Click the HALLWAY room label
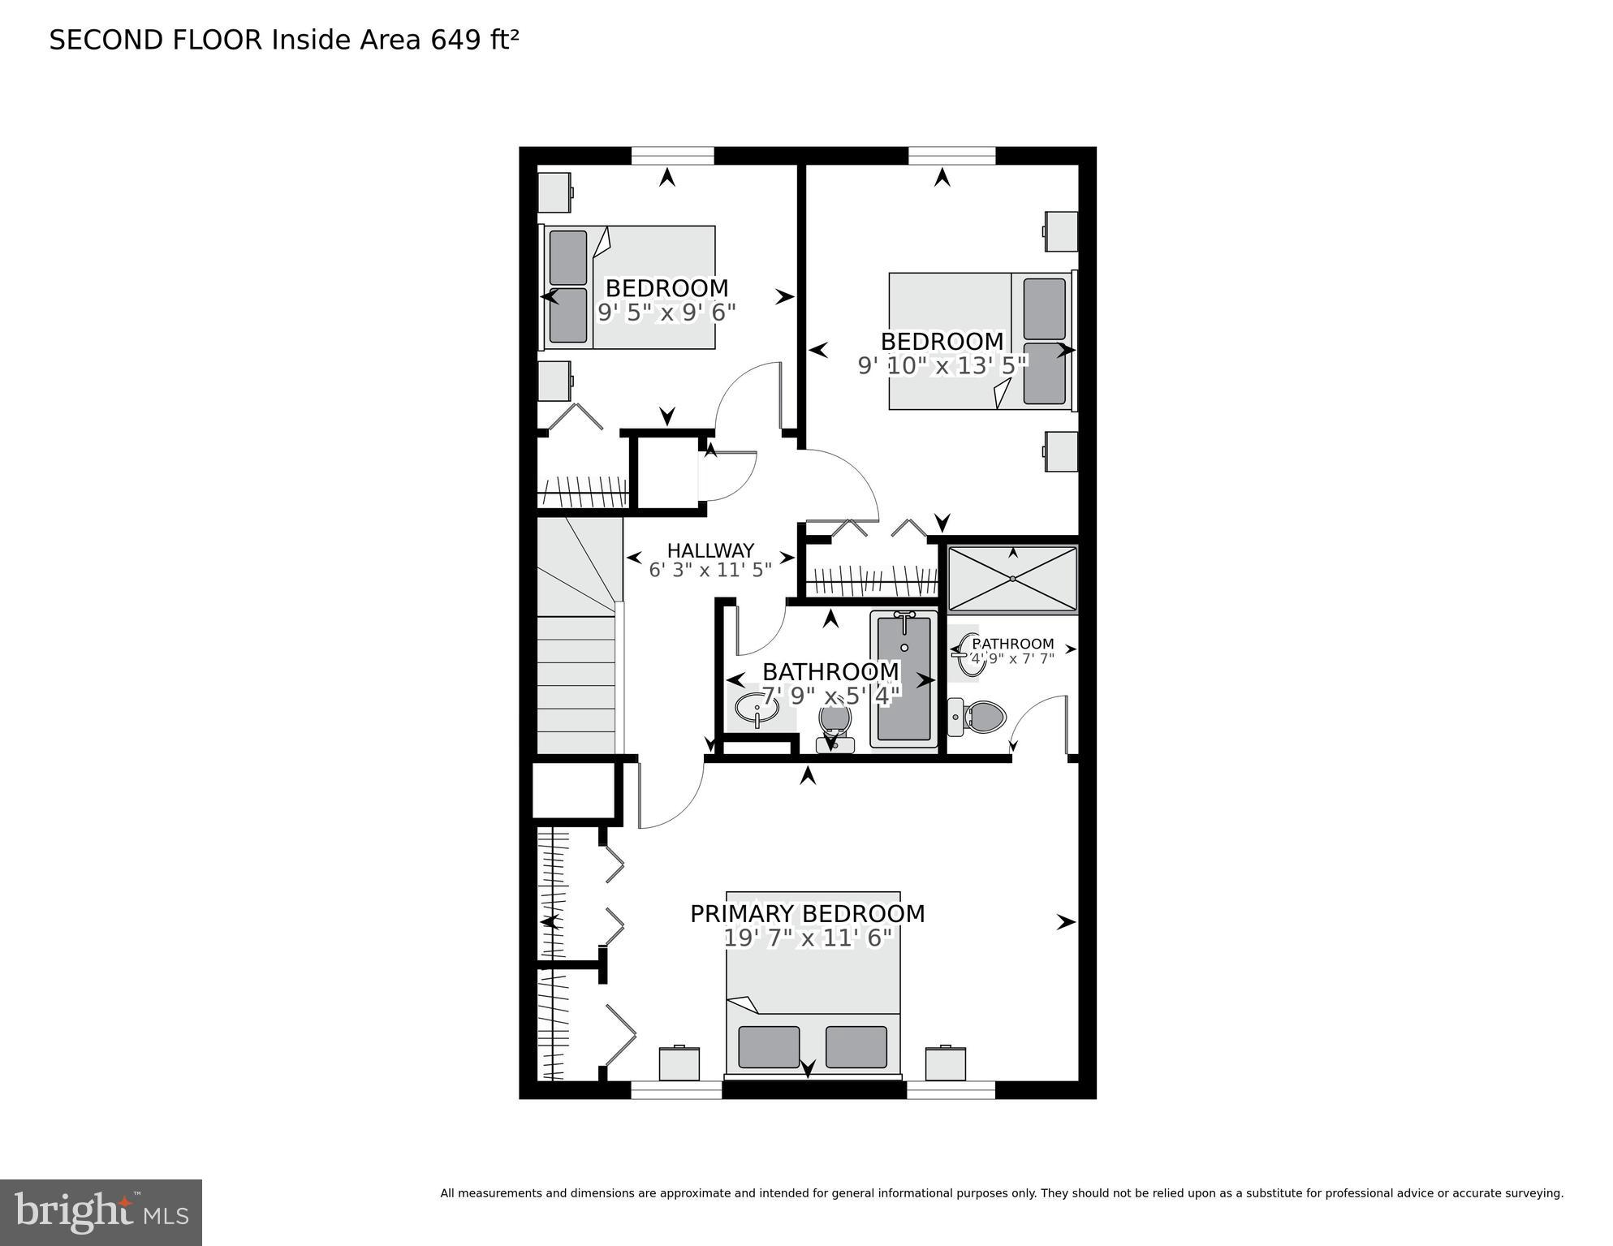tap(710, 550)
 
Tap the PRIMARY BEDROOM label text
tap(807, 914)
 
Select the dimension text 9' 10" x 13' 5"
tap(942, 366)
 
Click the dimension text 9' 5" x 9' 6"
tap(666, 313)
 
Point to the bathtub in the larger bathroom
tap(904, 680)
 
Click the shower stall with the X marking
tap(1012, 579)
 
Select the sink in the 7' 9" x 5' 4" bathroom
tap(757, 709)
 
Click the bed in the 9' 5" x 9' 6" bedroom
tap(629, 287)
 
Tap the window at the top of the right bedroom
tap(951, 155)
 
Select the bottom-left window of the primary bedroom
tap(675, 1089)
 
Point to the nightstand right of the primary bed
tap(946, 1063)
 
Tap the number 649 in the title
tap(455, 40)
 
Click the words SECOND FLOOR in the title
tap(156, 40)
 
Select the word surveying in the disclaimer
tap(1531, 1193)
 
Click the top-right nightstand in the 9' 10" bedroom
tap(1061, 231)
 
